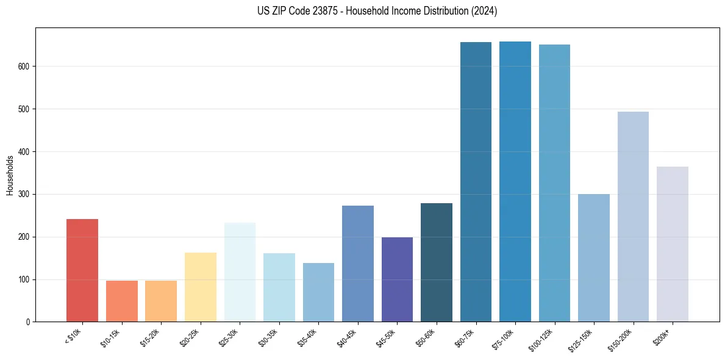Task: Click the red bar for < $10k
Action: pos(82,270)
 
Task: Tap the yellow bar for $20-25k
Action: pos(200,287)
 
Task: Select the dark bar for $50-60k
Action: pos(436,262)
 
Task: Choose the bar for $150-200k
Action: pos(633,217)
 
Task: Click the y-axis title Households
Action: pos(10,175)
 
